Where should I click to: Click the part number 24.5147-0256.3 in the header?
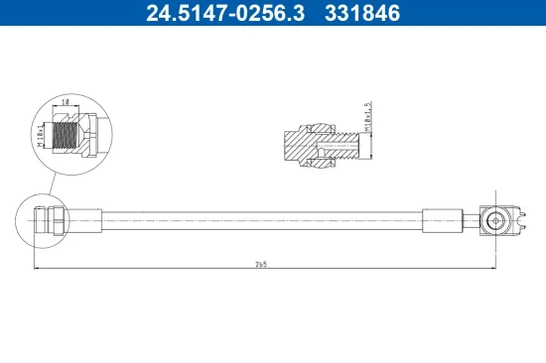coord(213,13)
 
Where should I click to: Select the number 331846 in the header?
coord(363,13)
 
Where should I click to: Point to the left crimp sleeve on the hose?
coord(84,219)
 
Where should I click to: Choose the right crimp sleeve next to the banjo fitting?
coord(442,219)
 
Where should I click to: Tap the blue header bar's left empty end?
coord(50,13)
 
